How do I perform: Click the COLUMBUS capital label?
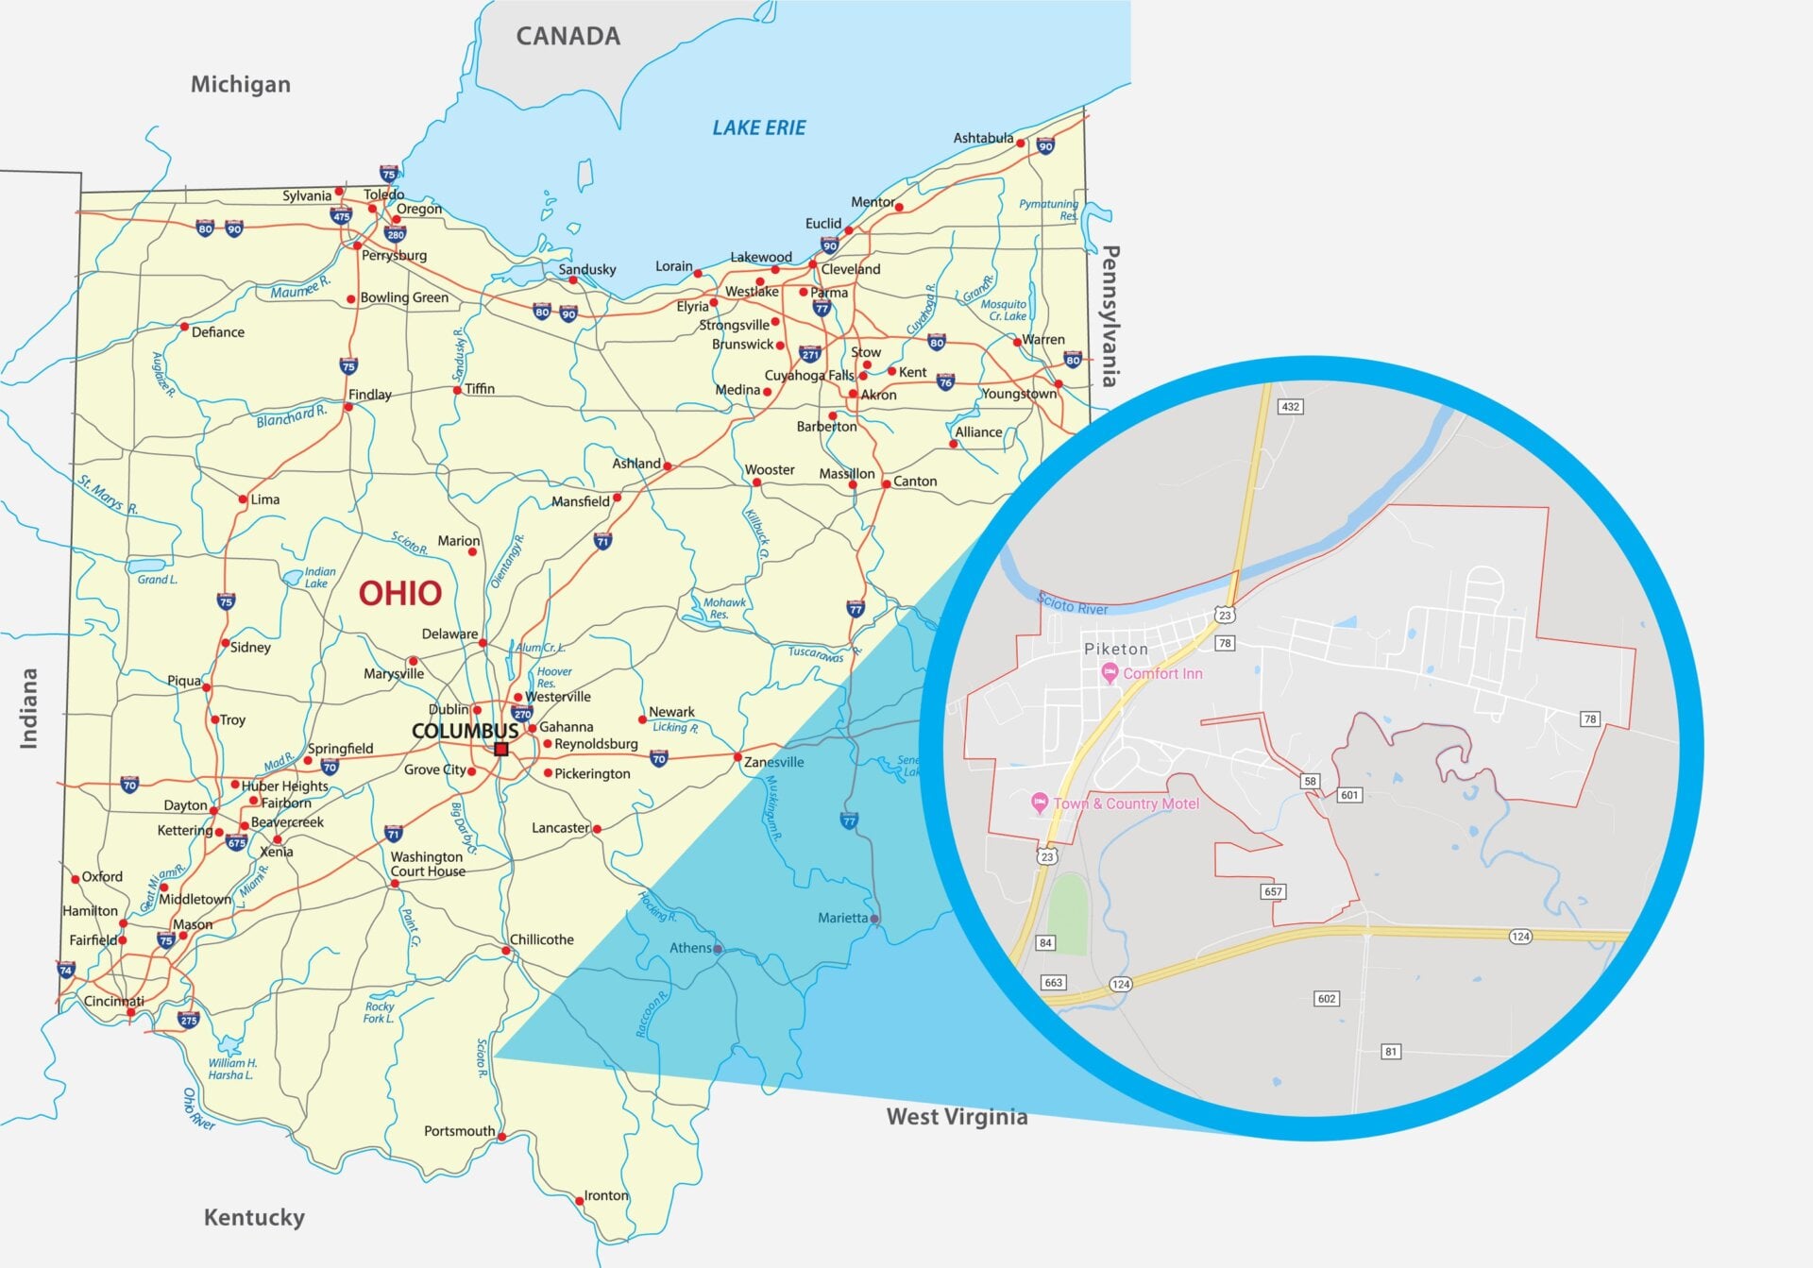(x=465, y=731)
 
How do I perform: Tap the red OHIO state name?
(x=399, y=593)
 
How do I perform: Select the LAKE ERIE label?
(x=758, y=127)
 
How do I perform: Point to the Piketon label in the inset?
(x=1115, y=649)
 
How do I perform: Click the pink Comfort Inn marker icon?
(x=1110, y=673)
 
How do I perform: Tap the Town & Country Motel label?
(x=1126, y=803)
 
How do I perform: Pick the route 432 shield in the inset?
(x=1289, y=407)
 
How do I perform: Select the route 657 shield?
(x=1273, y=891)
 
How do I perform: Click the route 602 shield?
(x=1326, y=998)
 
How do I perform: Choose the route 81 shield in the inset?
(x=1390, y=1051)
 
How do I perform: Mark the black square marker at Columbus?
(x=501, y=750)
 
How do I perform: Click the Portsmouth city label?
(x=459, y=1130)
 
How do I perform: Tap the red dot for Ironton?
(x=579, y=1201)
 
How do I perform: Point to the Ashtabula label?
(x=983, y=138)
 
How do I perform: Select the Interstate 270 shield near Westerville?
(x=521, y=714)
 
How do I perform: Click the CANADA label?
(x=568, y=36)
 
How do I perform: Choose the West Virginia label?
(x=957, y=1116)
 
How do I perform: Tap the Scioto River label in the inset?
(x=1072, y=603)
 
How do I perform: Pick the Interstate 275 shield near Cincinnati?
(x=189, y=1020)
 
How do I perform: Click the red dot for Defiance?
(x=184, y=327)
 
